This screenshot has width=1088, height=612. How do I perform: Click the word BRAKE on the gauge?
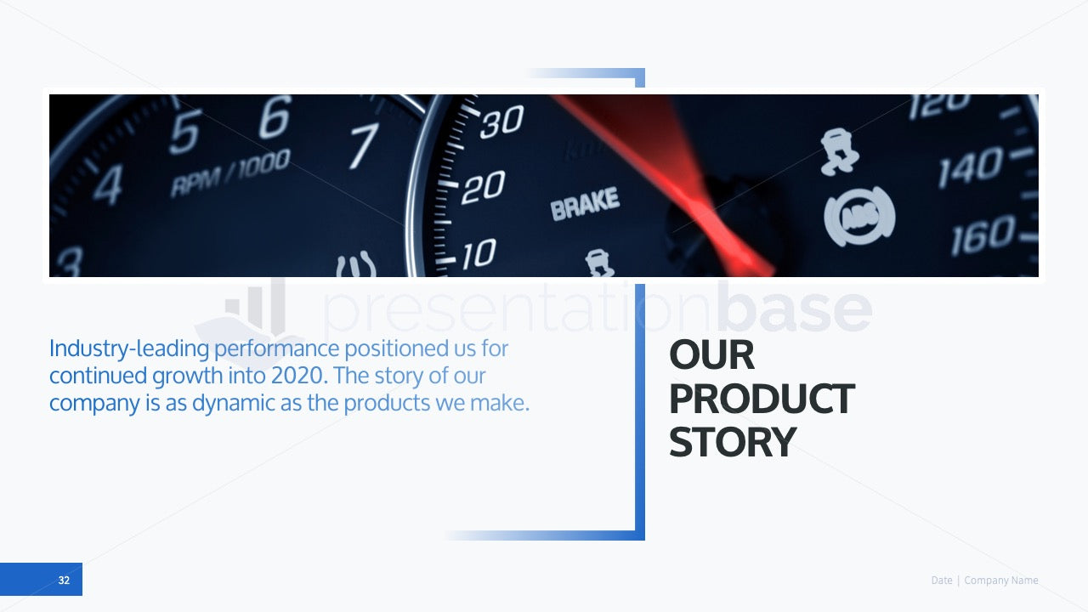click(x=585, y=203)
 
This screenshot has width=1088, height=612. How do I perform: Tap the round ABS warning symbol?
click(x=859, y=217)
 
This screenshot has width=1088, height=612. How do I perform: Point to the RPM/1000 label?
click(x=230, y=173)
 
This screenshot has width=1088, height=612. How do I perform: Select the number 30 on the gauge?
click(x=502, y=121)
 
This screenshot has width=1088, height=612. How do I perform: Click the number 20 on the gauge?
click(x=484, y=187)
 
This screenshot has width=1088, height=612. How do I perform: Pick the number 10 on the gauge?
click(x=479, y=254)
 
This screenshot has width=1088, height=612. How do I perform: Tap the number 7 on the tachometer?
click(x=365, y=145)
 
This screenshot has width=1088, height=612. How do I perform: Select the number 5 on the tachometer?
click(x=185, y=132)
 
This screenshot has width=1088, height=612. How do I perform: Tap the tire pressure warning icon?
click(x=356, y=265)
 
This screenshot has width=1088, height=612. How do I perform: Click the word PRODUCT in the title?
click(x=762, y=399)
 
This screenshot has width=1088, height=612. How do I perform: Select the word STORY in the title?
click(x=733, y=442)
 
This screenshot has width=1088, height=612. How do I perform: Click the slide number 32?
click(x=64, y=580)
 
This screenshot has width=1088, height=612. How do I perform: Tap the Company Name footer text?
click(x=1001, y=581)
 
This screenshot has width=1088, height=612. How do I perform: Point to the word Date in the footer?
click(x=942, y=581)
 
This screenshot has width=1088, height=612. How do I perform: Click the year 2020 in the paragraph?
click(x=299, y=376)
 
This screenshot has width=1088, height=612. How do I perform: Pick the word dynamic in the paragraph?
click(x=233, y=404)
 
